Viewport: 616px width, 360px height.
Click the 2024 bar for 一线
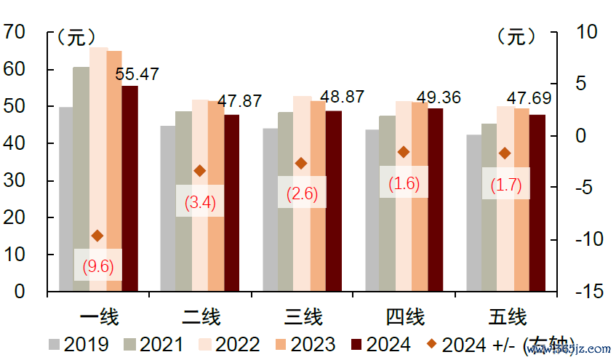click(129, 188)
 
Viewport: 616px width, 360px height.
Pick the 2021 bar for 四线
click(388, 204)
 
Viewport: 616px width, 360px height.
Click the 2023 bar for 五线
click(521, 200)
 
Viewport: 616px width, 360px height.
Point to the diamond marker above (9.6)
click(97, 235)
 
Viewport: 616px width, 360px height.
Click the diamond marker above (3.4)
click(200, 170)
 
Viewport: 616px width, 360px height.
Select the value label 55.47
click(137, 73)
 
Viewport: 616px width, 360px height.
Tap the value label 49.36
click(439, 97)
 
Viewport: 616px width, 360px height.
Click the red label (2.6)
click(302, 193)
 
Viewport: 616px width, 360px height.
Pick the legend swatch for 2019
click(55, 344)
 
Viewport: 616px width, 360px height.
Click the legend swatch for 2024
click(356, 344)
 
